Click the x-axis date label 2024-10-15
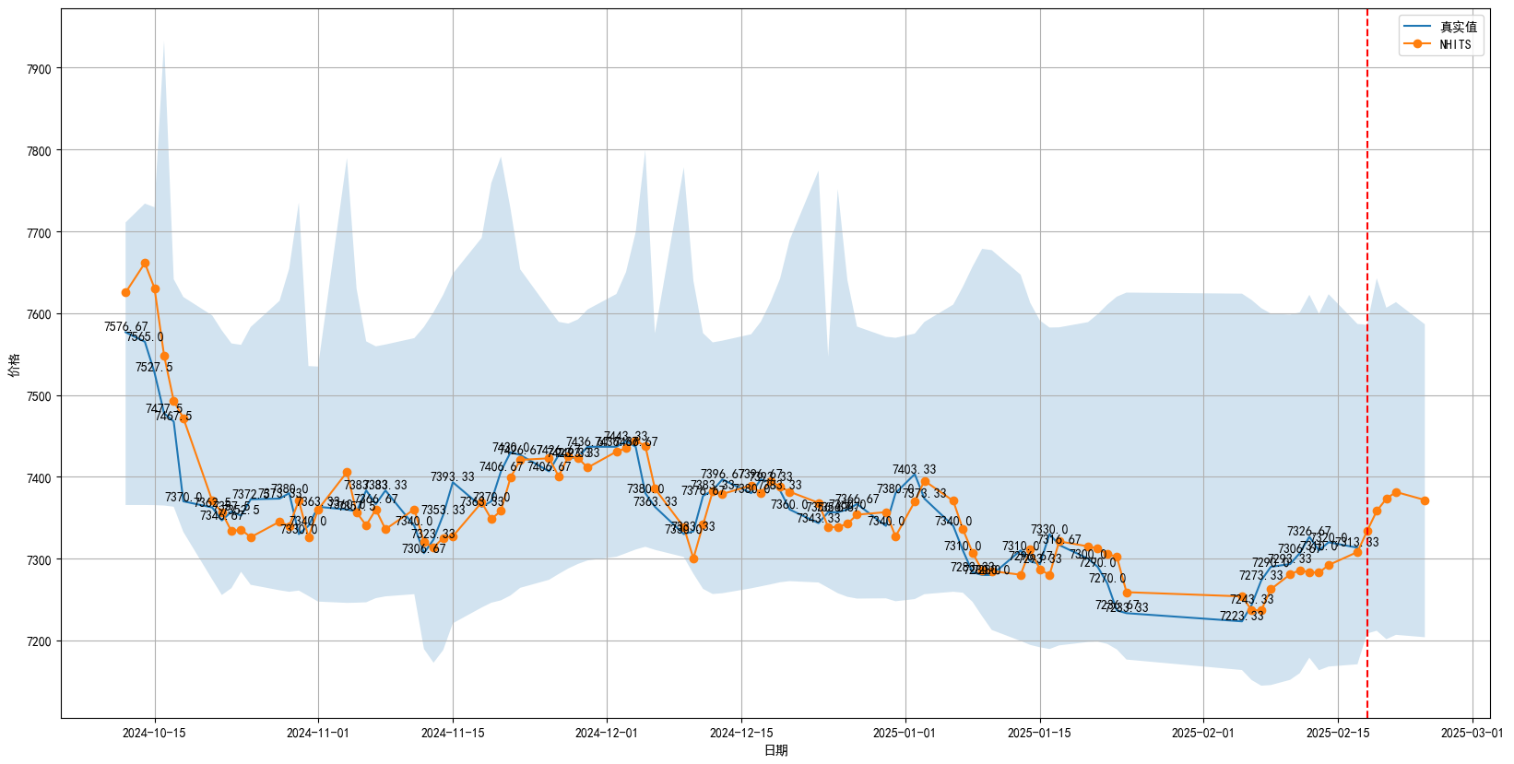pyautogui.click(x=154, y=734)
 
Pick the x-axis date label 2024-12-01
pyautogui.click(x=606, y=734)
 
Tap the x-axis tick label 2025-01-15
pyautogui.click(x=1039, y=734)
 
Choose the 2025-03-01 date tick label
pyautogui.click(x=1472, y=734)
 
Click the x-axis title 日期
pyautogui.click(x=775, y=750)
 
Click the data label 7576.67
pyautogui.click(x=125, y=327)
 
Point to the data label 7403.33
pyautogui.click(x=914, y=470)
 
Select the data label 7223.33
pyautogui.click(x=1241, y=617)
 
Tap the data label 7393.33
pyautogui.click(x=452, y=476)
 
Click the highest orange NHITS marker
pyautogui.click(x=145, y=264)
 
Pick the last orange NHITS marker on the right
pyautogui.click(x=1425, y=500)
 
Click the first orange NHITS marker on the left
pyautogui.click(x=125, y=293)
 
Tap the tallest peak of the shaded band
pyautogui.click(x=164, y=43)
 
